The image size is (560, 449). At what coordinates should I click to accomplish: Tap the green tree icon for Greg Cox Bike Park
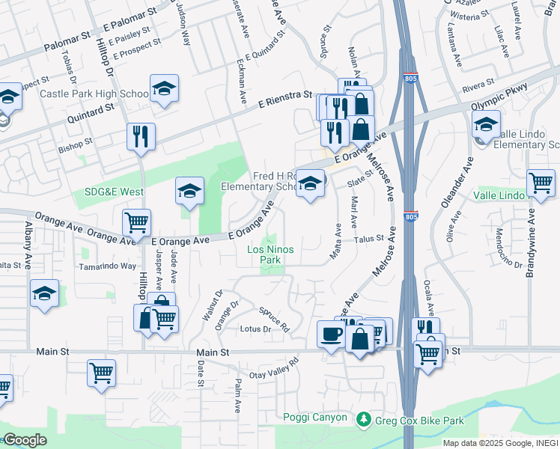(x=364, y=418)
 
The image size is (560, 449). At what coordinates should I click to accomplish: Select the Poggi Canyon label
(x=315, y=418)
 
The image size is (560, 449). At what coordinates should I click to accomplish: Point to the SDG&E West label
(x=109, y=192)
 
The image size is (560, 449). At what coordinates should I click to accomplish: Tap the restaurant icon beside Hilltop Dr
(x=141, y=136)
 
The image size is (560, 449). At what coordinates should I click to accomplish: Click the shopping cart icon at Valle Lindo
(x=541, y=183)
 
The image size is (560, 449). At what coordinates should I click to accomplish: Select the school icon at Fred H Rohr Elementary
(x=310, y=183)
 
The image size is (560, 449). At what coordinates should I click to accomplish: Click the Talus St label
(x=369, y=239)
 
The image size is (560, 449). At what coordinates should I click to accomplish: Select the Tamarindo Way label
(x=109, y=266)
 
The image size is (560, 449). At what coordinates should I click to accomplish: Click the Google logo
(x=25, y=440)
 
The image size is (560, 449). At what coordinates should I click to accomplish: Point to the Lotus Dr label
(x=255, y=329)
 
